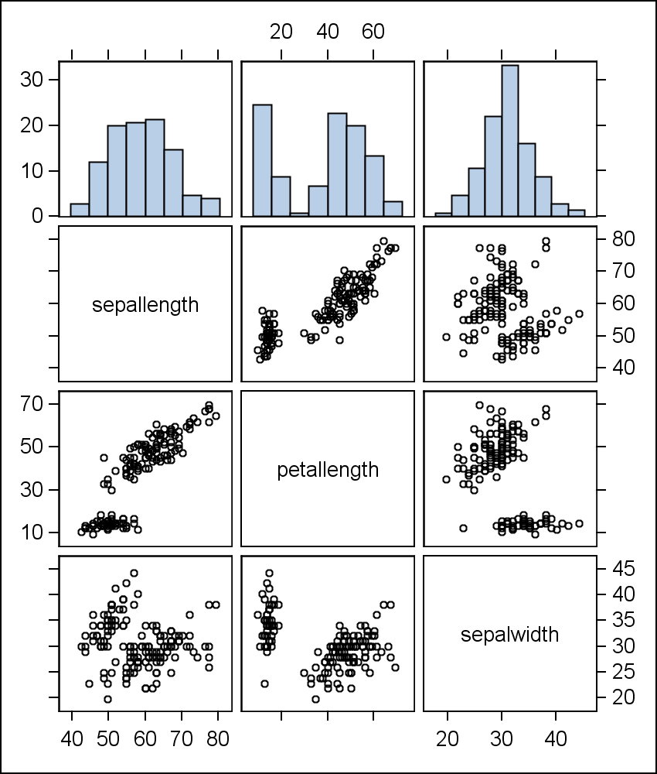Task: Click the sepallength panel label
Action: tap(145, 305)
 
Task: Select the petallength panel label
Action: tap(328, 470)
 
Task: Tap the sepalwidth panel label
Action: tap(509, 635)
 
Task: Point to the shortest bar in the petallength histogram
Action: tap(299, 214)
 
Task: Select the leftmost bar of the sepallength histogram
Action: tap(80, 210)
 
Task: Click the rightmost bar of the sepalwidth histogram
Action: tap(577, 213)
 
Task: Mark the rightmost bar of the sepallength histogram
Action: tap(210, 207)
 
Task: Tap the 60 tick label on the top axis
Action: tap(373, 32)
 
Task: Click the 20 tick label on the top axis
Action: tap(281, 32)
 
